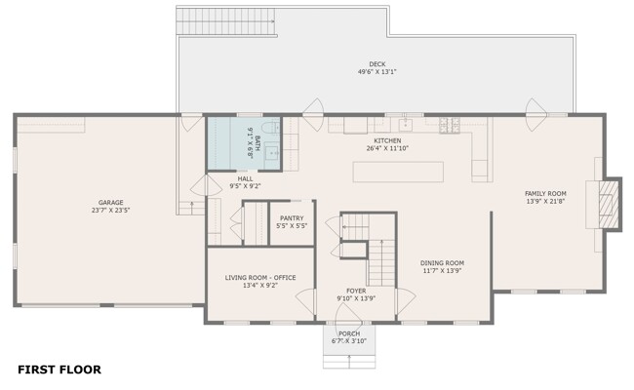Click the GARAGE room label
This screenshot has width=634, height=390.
pos(111,203)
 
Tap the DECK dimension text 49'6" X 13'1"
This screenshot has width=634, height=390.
pos(376,72)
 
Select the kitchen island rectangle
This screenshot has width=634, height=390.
pos(398,173)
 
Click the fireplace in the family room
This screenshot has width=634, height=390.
pos(608,205)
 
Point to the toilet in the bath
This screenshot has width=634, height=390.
pos(270,128)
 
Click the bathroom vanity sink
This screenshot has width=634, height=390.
pos(272,152)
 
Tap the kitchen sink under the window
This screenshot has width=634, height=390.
pos(405,125)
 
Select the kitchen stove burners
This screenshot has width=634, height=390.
pos(450,125)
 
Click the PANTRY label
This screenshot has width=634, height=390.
pos(292,218)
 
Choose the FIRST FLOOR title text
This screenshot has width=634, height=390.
pos(59,370)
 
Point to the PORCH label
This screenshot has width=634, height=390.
pos(349,333)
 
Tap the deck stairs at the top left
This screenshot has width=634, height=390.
pos(226,21)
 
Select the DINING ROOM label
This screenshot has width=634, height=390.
pos(442,262)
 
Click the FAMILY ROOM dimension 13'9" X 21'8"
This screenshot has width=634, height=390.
pos(545,201)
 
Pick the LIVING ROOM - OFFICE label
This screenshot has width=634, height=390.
pos(260,278)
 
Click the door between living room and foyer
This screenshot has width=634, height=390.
pos(305,301)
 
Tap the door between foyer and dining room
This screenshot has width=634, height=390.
pos(406,301)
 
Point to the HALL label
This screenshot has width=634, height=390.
pos(245,178)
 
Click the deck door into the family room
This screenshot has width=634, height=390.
pos(535,115)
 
